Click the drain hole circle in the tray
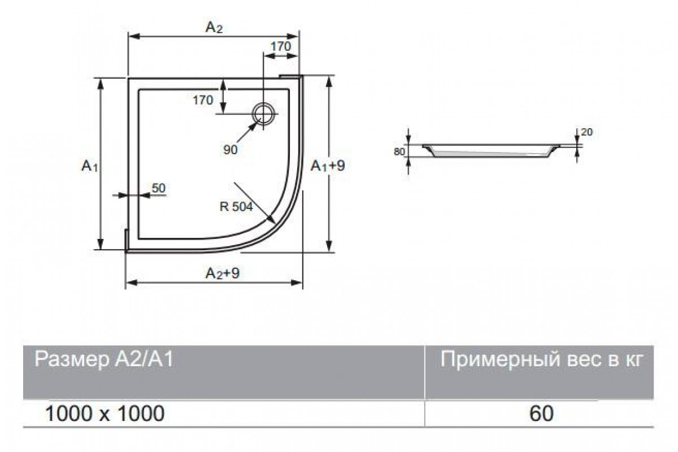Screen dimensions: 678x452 pyautogui.click(x=254, y=114)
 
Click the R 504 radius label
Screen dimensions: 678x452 pyautogui.click(x=236, y=207)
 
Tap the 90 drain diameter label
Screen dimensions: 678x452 pyautogui.click(x=231, y=150)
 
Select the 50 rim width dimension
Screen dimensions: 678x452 pyautogui.click(x=159, y=188)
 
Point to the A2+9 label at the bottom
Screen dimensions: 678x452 pyautogui.click(x=223, y=273)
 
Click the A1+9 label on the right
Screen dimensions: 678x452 pyautogui.click(x=328, y=166)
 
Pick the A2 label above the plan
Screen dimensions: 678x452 pyautogui.click(x=214, y=28)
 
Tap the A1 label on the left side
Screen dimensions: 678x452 pyautogui.click(x=90, y=166)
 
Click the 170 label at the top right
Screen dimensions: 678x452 pyautogui.click(x=281, y=46)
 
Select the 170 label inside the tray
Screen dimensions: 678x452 pyautogui.click(x=203, y=100)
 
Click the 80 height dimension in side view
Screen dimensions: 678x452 pyautogui.click(x=399, y=151)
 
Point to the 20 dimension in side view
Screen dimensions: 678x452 pyautogui.click(x=586, y=132)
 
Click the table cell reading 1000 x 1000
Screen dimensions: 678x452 pyautogui.click(x=105, y=414)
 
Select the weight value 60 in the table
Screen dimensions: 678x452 pyautogui.click(x=541, y=414)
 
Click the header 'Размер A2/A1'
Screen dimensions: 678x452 pyautogui.click(x=104, y=359)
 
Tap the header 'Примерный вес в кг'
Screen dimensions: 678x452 pyautogui.click(x=541, y=359)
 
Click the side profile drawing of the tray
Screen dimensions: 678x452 pyautogui.click(x=491, y=151)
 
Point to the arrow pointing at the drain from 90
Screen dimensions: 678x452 pyautogui.click(x=247, y=133)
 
